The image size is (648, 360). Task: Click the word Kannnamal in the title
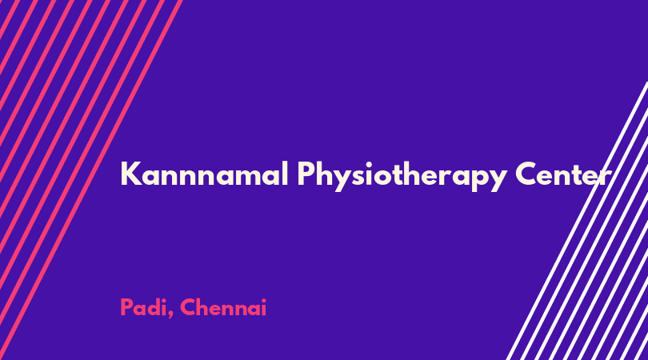pos(204,174)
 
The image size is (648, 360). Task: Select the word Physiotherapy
pos(402,176)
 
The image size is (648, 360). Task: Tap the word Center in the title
pos(563,174)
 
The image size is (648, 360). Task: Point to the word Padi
pos(144,308)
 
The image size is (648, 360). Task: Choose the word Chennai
pos(223,307)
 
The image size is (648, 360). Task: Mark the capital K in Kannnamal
pos(131,174)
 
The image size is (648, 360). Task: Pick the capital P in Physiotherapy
pos(306,174)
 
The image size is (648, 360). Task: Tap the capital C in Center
pos(527,174)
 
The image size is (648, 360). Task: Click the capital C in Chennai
pos(189,307)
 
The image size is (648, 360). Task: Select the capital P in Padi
pos(127,307)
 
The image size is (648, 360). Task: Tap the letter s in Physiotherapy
pos(354,178)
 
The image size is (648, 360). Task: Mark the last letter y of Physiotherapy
pos(496,180)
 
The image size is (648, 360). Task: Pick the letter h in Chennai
pos(206,307)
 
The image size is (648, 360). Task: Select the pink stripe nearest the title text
pos(91,180)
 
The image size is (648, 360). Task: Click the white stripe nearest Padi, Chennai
pos(578,221)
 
